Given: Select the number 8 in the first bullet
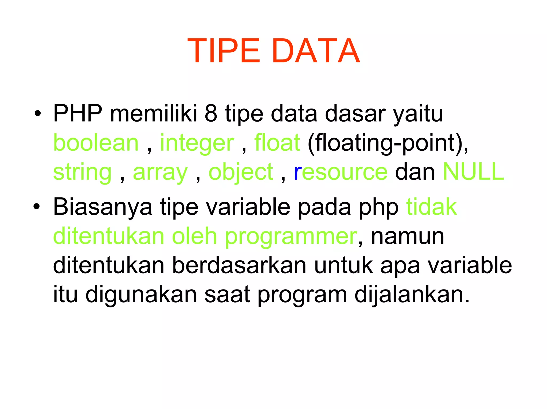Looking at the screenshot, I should [211, 113].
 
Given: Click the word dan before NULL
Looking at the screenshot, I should [415, 172].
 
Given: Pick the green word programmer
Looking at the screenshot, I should [291, 237].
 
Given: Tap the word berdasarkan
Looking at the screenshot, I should [239, 265].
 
